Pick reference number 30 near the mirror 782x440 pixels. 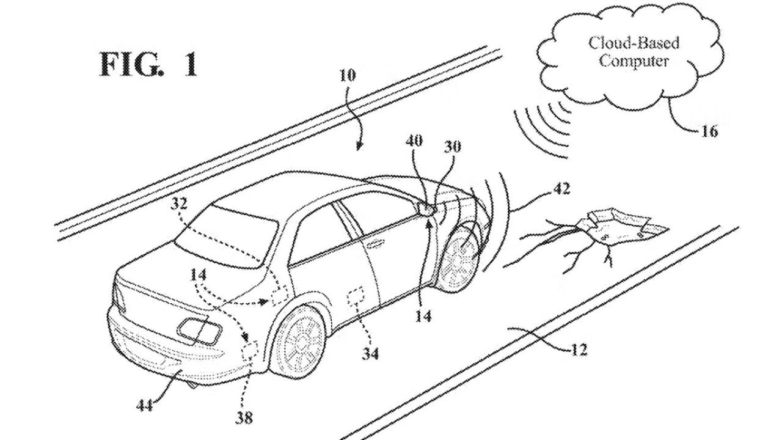pyautogui.click(x=453, y=147)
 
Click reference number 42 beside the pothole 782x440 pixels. pyautogui.click(x=562, y=189)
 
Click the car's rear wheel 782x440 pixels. pyautogui.click(x=301, y=342)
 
